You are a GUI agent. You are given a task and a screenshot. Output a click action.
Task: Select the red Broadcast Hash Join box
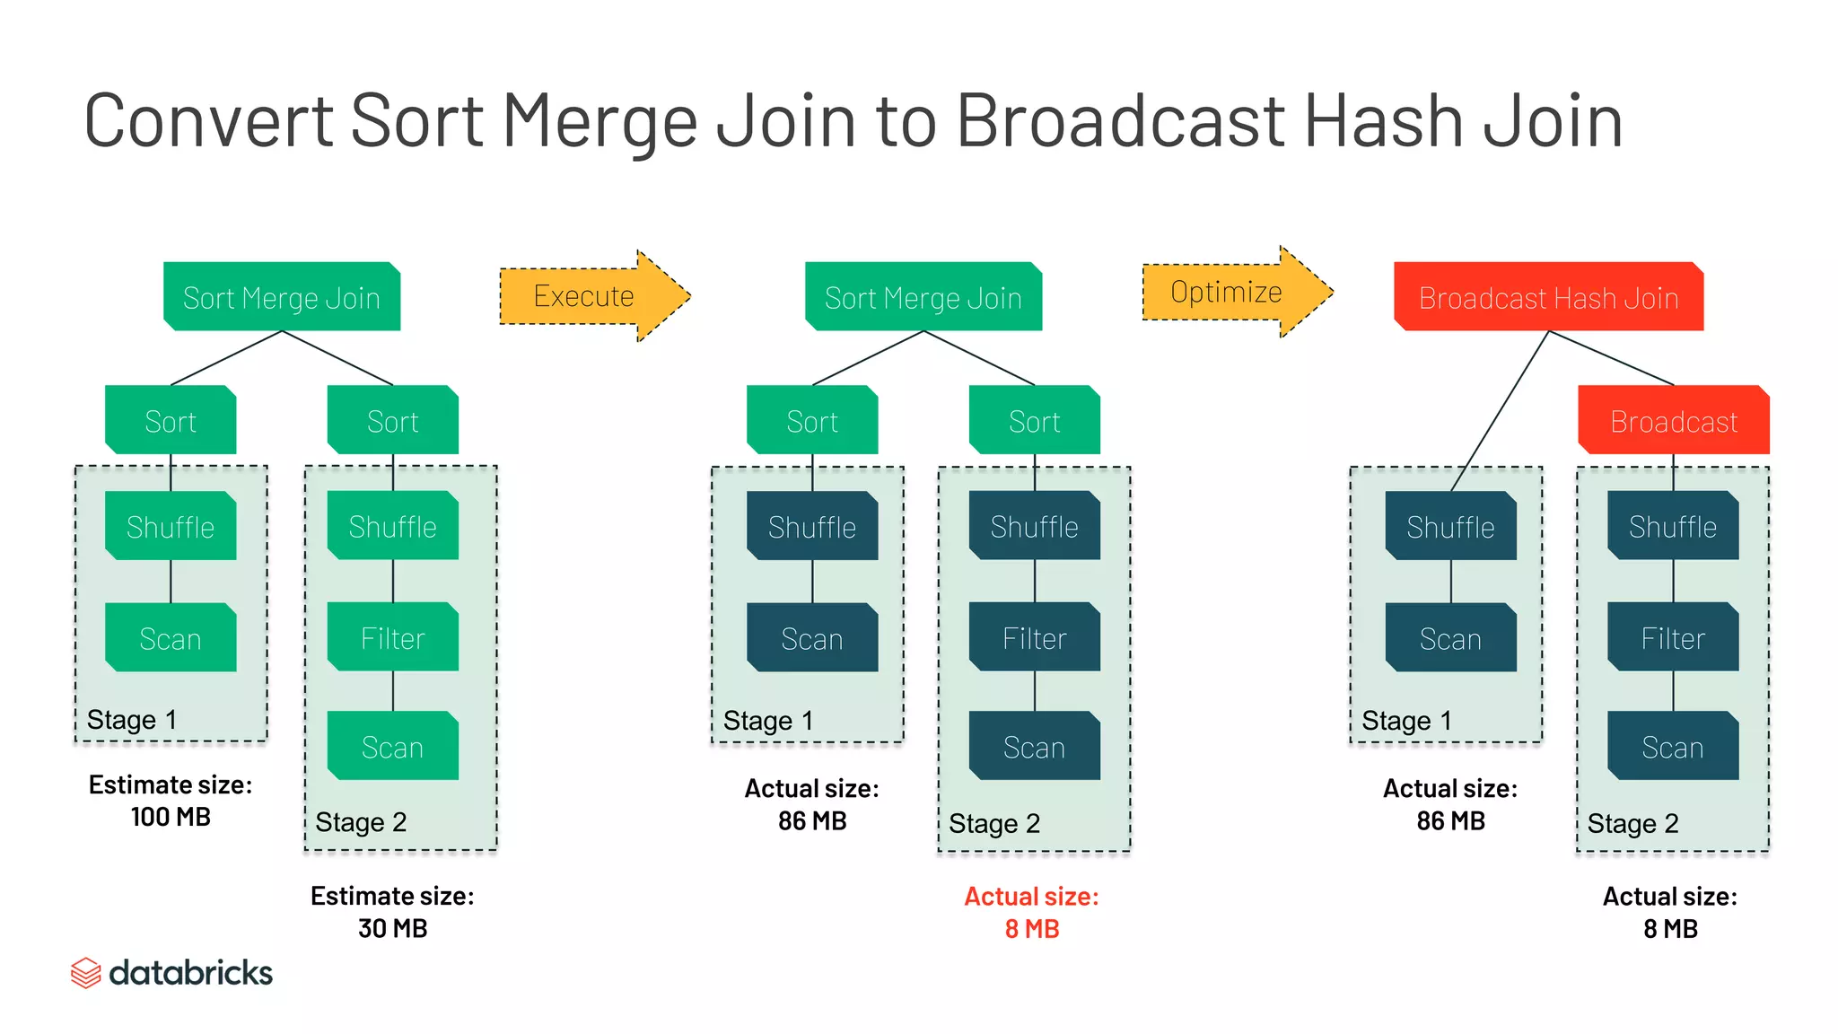[x=1548, y=297]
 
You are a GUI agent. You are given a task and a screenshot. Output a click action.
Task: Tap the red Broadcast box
[x=1674, y=421]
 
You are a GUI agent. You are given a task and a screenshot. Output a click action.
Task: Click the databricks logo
[x=171, y=973]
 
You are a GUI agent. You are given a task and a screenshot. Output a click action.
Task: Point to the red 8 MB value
[x=1032, y=929]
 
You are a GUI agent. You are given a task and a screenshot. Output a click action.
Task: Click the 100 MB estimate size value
[x=171, y=817]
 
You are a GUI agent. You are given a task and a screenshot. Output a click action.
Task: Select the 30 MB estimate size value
[x=392, y=928]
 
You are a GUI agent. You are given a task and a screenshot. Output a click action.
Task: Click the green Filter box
[x=393, y=638]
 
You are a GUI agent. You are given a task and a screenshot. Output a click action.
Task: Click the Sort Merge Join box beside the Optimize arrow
[x=923, y=297]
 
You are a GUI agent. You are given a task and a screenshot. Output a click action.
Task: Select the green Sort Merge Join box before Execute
[x=282, y=297]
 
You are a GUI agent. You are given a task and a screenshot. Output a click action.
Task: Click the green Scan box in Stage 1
[x=171, y=638]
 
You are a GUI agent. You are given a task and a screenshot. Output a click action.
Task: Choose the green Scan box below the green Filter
[x=393, y=747]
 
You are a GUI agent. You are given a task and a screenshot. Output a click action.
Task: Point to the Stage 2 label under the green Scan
[x=361, y=822]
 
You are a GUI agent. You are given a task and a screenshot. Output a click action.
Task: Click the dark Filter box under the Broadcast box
[x=1673, y=638]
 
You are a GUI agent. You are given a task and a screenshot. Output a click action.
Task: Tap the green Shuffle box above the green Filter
[x=393, y=527]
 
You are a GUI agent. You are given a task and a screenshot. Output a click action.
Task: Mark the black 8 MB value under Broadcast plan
[x=1670, y=929]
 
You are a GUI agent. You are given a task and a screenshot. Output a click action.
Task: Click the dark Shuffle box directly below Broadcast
[x=1673, y=527]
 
